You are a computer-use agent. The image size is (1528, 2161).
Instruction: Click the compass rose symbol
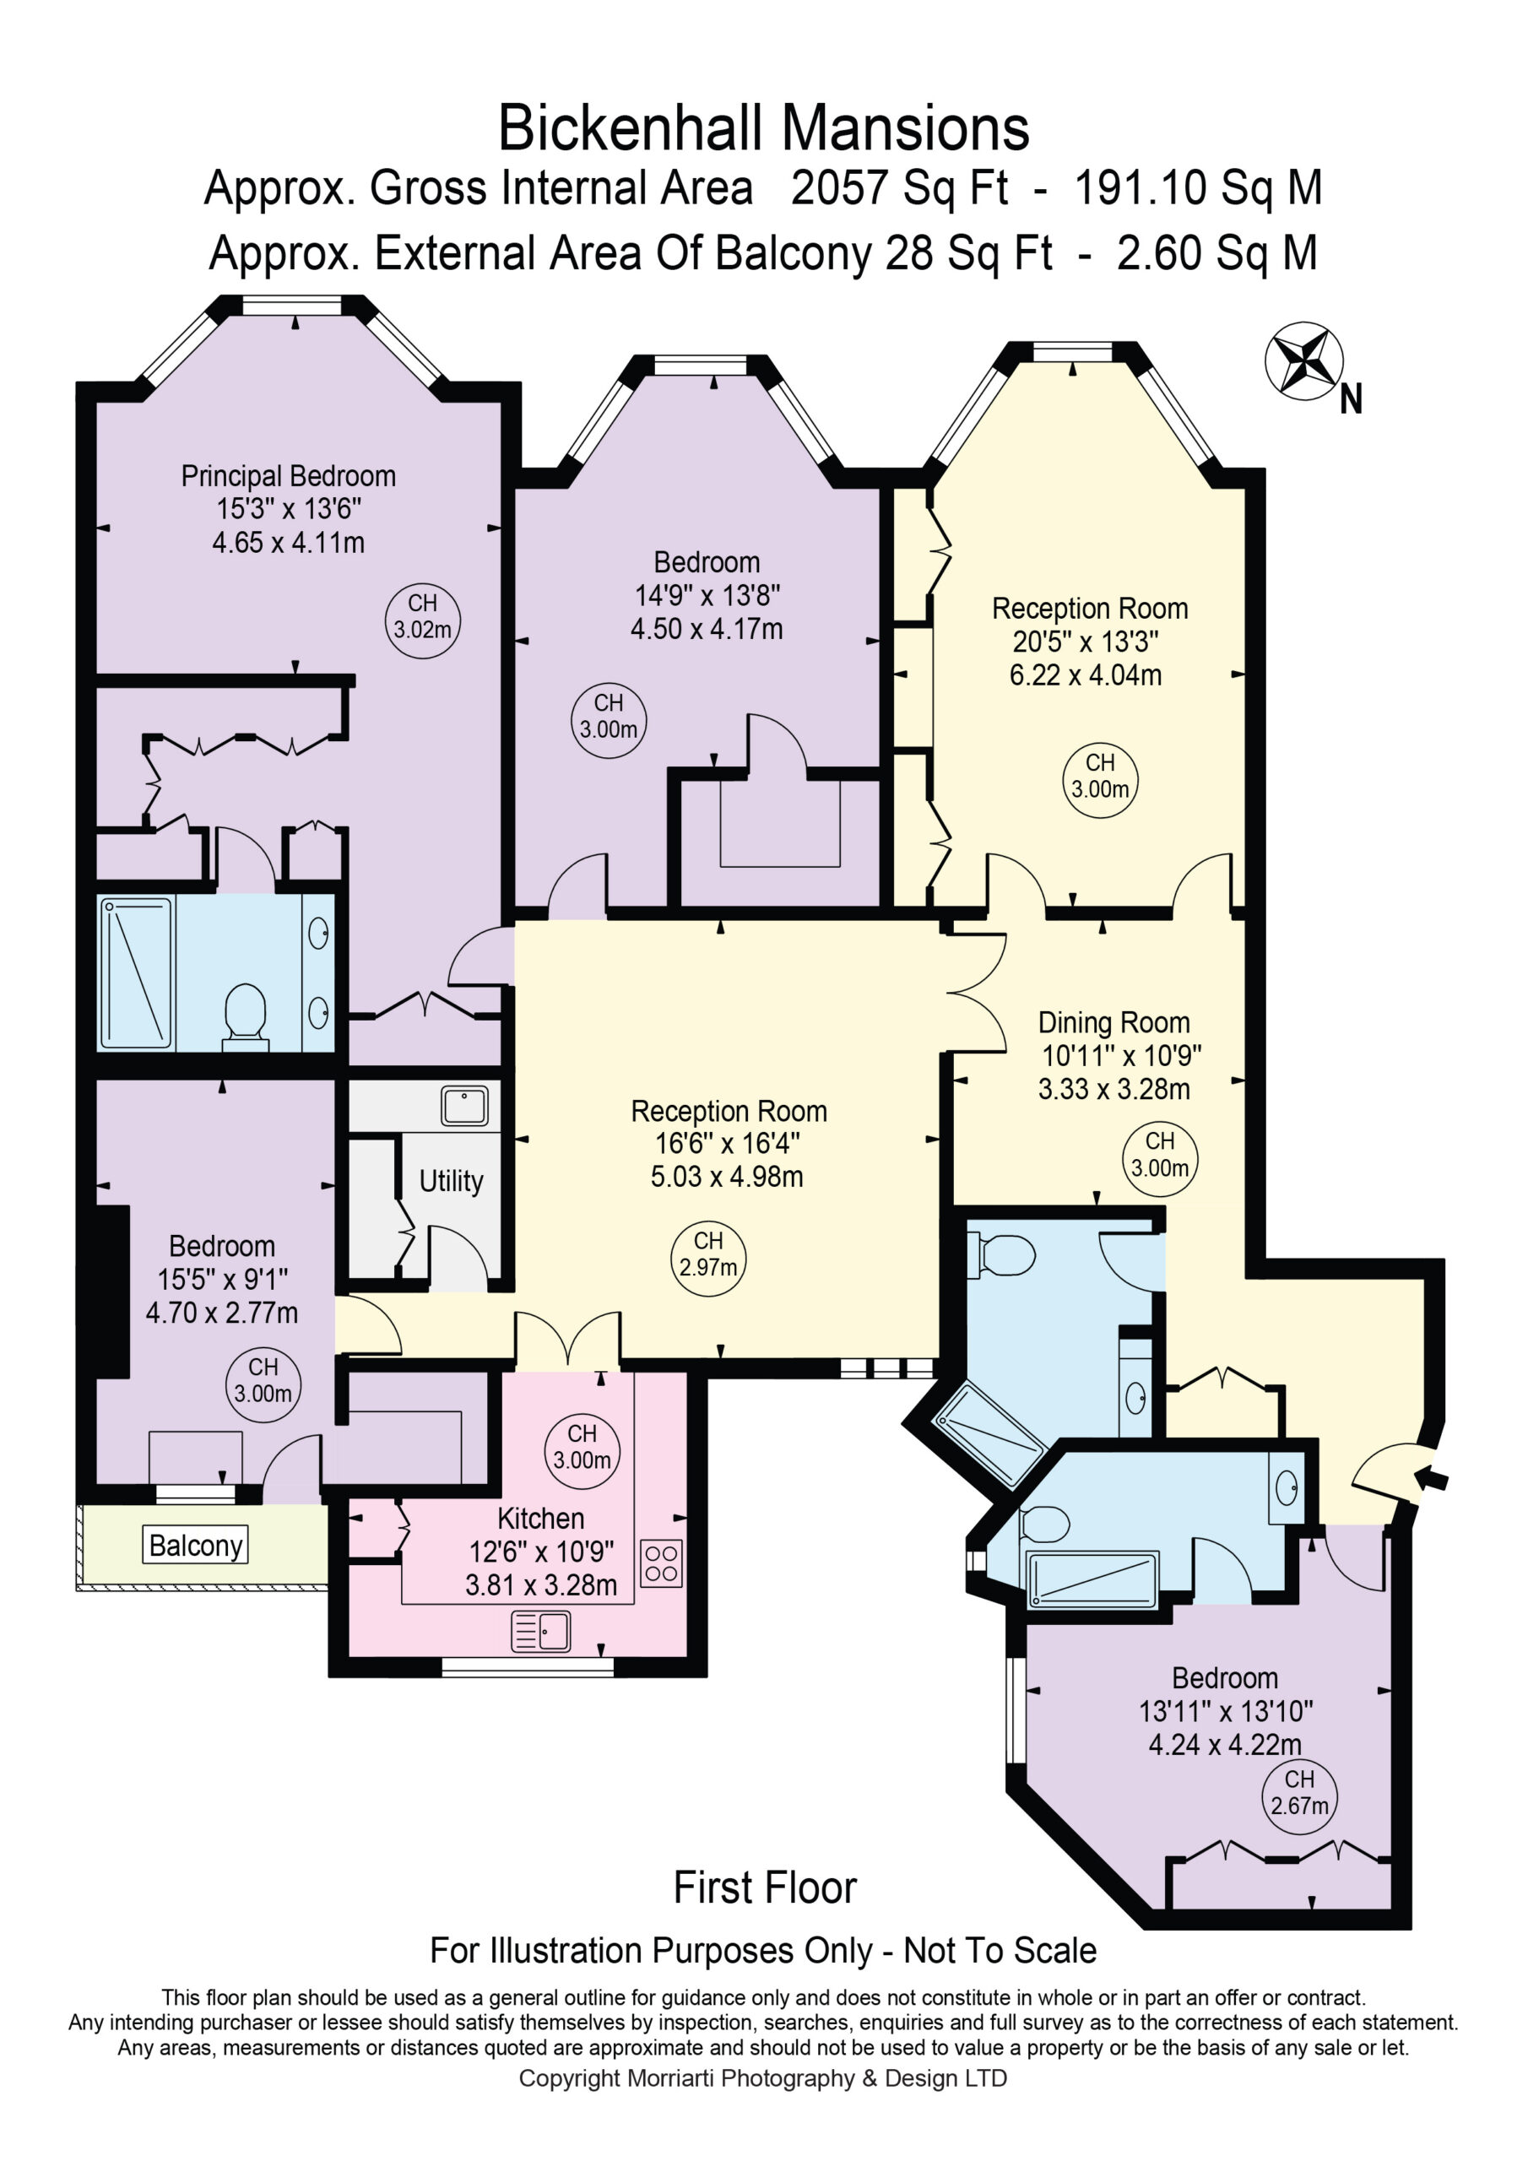(x=1304, y=360)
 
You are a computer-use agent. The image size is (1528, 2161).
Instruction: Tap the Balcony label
(x=196, y=1546)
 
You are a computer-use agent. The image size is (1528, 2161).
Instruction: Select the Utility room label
(x=451, y=1180)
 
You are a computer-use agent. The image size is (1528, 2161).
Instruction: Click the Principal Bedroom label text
(x=288, y=475)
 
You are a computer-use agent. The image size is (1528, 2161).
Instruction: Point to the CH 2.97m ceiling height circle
(x=708, y=1254)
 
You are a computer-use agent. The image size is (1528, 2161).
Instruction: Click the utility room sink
(x=464, y=1106)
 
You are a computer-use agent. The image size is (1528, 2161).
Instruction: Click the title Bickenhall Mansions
(x=763, y=128)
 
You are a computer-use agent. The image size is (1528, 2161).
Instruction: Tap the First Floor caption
(x=765, y=1906)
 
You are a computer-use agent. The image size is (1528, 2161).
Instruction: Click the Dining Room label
(x=1113, y=1022)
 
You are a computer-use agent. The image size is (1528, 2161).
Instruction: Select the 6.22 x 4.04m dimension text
(x=1086, y=674)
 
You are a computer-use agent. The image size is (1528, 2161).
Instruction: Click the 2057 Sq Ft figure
(x=899, y=187)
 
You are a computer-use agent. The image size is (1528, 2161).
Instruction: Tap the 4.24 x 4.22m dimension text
(x=1225, y=1744)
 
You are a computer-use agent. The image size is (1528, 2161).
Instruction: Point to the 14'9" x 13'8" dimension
(x=707, y=595)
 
